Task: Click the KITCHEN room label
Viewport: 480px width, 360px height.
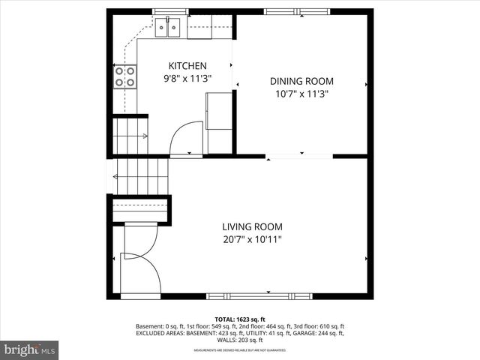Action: tap(187, 66)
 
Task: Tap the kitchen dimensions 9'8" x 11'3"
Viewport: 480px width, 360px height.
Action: tap(187, 78)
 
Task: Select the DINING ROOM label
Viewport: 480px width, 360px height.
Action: tap(301, 81)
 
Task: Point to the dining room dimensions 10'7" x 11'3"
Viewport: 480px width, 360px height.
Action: tap(301, 94)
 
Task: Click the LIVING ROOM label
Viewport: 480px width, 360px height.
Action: tap(252, 226)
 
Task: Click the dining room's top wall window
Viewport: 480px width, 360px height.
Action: tap(300, 12)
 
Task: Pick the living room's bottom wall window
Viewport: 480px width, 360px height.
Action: tap(259, 295)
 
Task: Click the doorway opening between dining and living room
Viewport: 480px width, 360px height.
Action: tap(299, 156)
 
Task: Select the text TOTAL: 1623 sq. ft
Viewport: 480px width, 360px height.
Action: tap(239, 319)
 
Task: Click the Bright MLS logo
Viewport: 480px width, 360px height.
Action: tap(30, 349)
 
